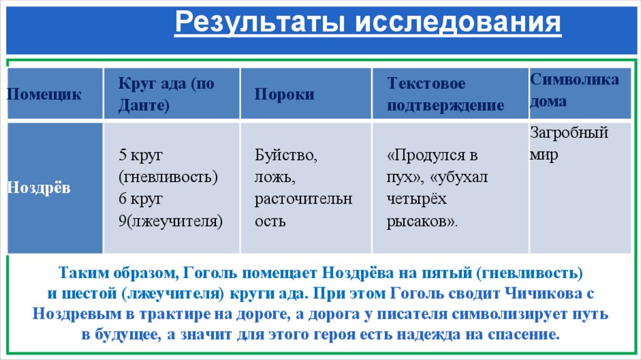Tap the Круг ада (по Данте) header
(x=166, y=95)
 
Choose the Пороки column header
(x=284, y=95)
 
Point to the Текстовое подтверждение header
(x=445, y=95)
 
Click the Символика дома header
(x=574, y=90)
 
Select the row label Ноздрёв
(x=39, y=188)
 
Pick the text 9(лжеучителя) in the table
(x=170, y=221)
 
